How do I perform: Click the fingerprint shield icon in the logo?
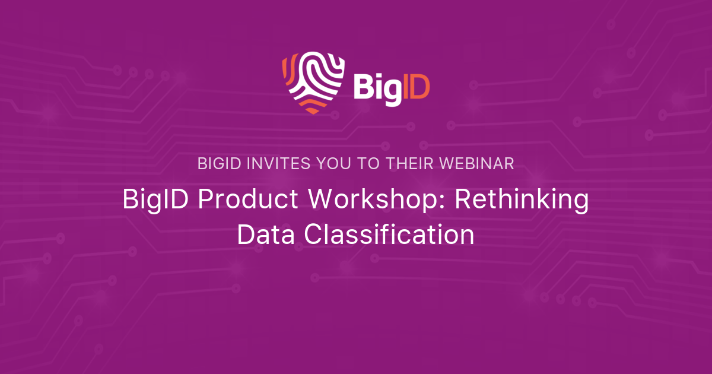(x=313, y=83)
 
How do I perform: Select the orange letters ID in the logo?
(x=416, y=86)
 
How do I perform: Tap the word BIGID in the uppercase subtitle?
(x=220, y=164)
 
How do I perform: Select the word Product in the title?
(x=248, y=199)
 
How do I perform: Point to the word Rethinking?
(x=522, y=199)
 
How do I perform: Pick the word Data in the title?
(x=266, y=234)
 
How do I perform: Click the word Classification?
(x=389, y=234)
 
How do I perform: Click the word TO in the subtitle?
(x=368, y=164)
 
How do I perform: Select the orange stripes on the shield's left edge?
(x=290, y=70)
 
